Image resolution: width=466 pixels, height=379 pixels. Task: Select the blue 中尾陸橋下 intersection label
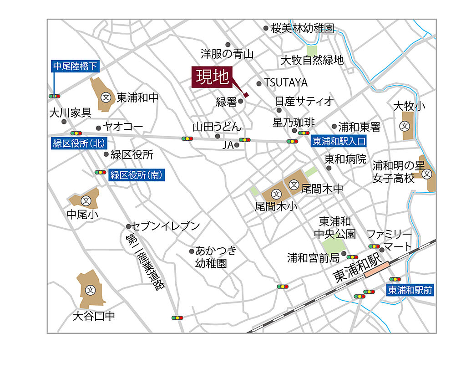pyautogui.click(x=75, y=67)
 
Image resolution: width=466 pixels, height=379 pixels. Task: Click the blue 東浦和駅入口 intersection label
pyautogui.click(x=339, y=142)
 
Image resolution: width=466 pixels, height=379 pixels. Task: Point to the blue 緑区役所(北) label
pyautogui.click(x=79, y=143)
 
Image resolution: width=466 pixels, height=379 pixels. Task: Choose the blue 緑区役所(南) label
pyautogui.click(x=136, y=174)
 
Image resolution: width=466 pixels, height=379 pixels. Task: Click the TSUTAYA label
pyautogui.click(x=286, y=83)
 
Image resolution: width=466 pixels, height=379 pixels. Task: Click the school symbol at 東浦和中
pyautogui.click(x=106, y=97)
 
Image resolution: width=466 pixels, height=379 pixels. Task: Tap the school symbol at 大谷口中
pyautogui.click(x=90, y=290)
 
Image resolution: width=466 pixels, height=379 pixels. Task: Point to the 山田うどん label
pyautogui.click(x=217, y=126)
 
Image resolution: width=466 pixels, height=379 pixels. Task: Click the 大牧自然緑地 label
pyautogui.click(x=312, y=60)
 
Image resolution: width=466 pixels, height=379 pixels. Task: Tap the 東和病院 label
pyautogui.click(x=345, y=159)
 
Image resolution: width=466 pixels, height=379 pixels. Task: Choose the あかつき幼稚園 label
pyautogui.click(x=216, y=256)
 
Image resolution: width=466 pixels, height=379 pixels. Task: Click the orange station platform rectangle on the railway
pyautogui.click(x=376, y=269)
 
